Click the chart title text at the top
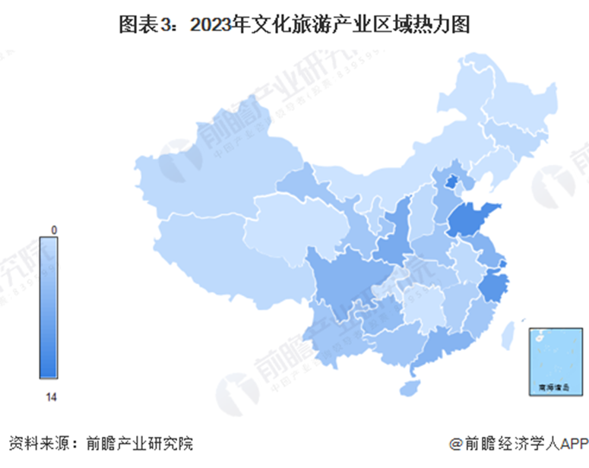295,25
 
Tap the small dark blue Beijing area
451,182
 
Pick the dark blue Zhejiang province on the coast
495,288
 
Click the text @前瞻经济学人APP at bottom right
517,442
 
